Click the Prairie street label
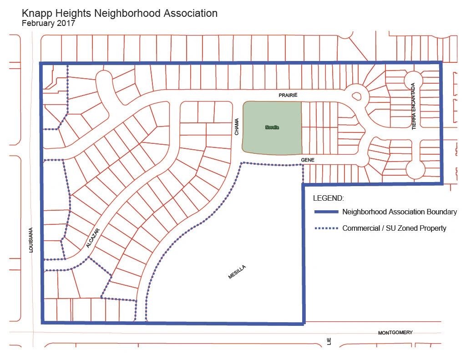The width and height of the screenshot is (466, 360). (288, 95)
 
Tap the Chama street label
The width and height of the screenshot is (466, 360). (237, 128)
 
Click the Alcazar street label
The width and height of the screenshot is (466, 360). (92, 238)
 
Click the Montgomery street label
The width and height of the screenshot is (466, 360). (395, 333)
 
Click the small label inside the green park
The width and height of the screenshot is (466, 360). (272, 128)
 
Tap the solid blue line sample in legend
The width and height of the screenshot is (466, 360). (326, 212)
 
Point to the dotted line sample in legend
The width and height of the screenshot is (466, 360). (326, 228)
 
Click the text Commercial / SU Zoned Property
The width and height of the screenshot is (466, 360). (394, 228)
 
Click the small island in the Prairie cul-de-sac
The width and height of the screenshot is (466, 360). (356, 96)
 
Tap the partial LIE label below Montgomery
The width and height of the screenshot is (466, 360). (329, 341)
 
